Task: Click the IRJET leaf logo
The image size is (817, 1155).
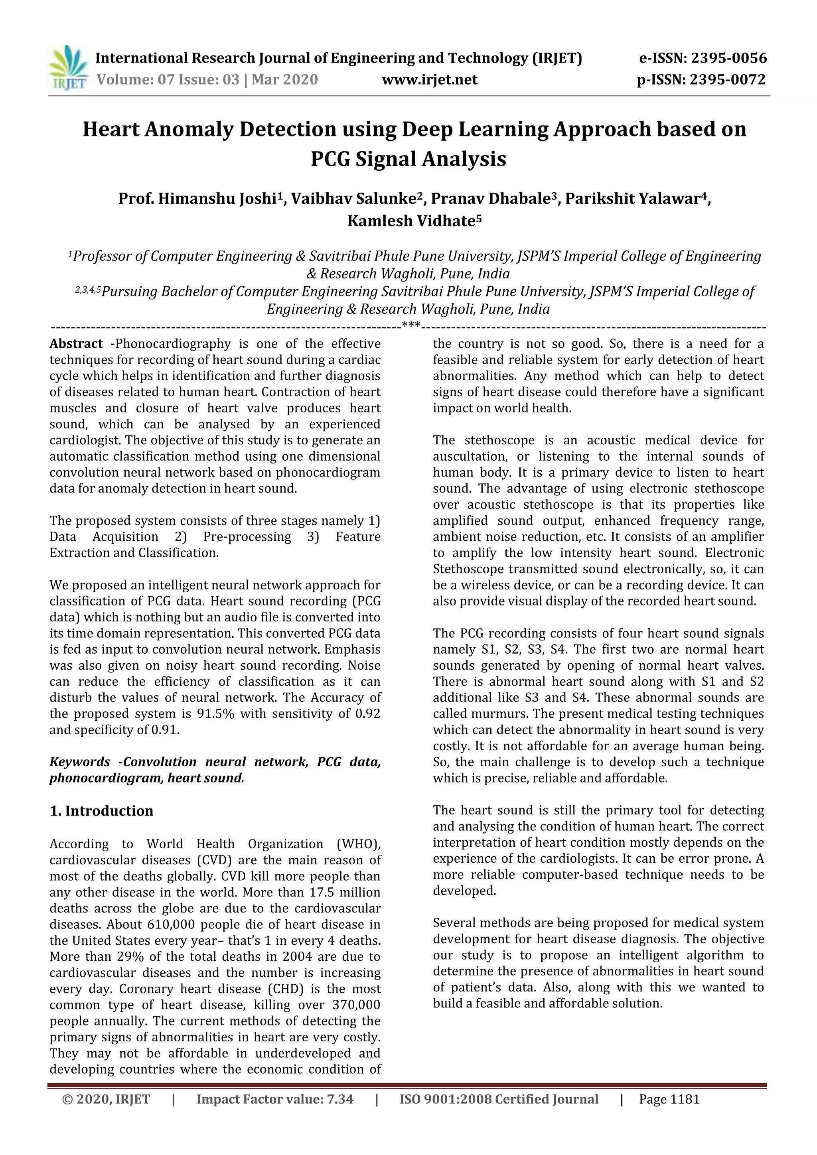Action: (x=68, y=68)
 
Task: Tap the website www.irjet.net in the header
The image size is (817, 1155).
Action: (x=430, y=79)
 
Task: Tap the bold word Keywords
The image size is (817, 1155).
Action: (x=79, y=762)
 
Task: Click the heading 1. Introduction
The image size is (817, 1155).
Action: (x=102, y=811)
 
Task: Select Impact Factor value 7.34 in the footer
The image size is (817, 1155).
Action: (x=275, y=1099)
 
